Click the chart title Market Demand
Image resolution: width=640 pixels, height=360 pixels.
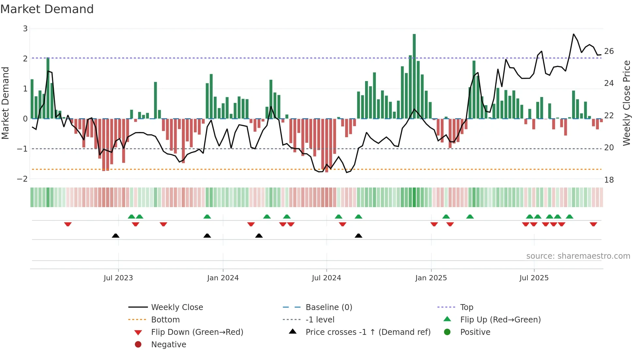[x=47, y=9]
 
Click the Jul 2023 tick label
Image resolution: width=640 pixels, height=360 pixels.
[x=118, y=278]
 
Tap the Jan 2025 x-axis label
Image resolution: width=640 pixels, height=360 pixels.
[x=431, y=278]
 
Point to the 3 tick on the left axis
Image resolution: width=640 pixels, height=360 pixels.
[x=25, y=29]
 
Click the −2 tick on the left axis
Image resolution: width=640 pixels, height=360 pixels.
[x=23, y=179]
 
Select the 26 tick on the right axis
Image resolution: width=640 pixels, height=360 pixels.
[x=609, y=51]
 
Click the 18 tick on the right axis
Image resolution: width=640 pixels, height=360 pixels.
[x=609, y=180]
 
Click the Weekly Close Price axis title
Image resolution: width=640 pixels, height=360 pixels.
[x=626, y=103]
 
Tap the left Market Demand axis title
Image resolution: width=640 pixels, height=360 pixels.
[x=6, y=103]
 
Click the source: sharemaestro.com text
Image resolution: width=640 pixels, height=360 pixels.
[x=578, y=256]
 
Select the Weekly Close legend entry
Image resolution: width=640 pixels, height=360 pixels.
[x=177, y=307]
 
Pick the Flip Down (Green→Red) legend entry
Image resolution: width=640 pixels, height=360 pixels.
[x=197, y=332]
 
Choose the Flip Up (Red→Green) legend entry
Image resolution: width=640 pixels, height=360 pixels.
[x=500, y=320]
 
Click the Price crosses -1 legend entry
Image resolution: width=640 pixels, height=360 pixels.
[x=368, y=332]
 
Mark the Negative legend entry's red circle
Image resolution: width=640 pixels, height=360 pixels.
[x=138, y=345]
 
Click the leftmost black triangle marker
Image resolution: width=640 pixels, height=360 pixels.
[x=116, y=236]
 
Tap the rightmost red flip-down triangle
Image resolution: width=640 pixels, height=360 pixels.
[x=593, y=224]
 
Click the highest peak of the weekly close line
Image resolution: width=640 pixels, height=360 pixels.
[x=574, y=34]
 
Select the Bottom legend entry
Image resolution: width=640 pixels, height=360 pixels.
[x=165, y=320]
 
